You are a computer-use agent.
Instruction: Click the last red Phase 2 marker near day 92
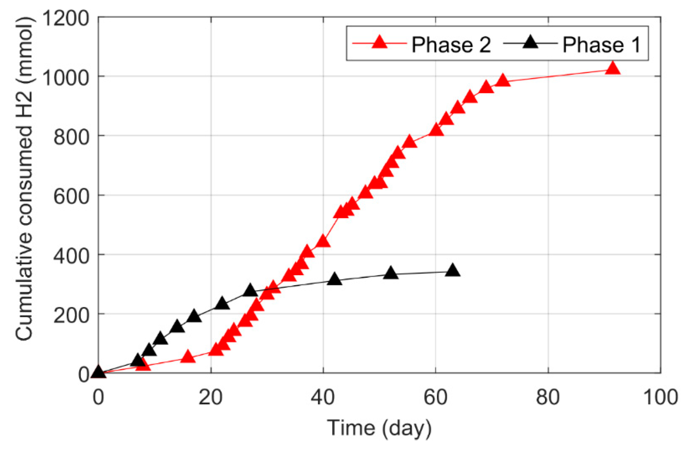pos(613,69)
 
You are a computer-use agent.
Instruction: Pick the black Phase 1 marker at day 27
pos(250,291)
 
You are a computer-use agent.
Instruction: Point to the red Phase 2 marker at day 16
pos(188,357)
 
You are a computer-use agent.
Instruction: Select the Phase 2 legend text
pos(451,45)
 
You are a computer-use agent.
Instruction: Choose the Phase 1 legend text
pos(601,45)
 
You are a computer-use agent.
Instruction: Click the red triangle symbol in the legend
pos(379,42)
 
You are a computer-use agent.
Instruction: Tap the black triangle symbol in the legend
pos(530,42)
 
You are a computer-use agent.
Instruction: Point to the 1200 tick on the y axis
pos(65,18)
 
